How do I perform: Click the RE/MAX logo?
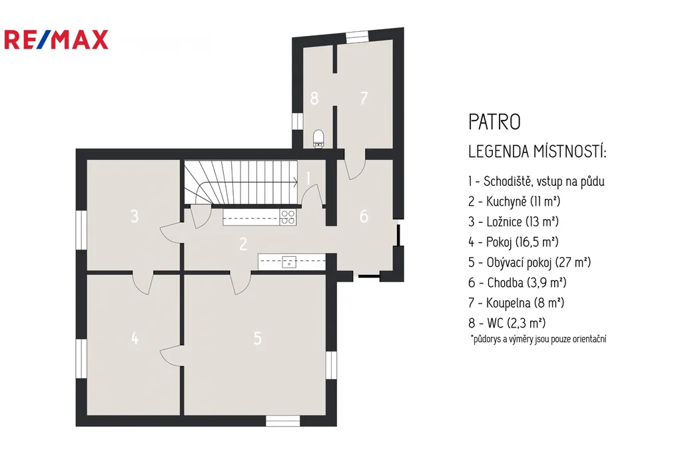(56, 40)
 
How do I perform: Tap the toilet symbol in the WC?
(319, 138)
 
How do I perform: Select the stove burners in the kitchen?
(288, 217)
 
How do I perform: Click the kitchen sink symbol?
(289, 262)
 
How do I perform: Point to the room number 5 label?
(258, 338)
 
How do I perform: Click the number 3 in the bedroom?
(135, 216)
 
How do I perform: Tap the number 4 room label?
(135, 338)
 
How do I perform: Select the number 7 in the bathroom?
(364, 98)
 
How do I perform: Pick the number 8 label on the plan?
(314, 98)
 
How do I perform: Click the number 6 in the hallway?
(364, 216)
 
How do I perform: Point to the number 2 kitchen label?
(243, 244)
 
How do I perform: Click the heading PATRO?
(495, 122)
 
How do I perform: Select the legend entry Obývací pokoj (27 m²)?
(529, 262)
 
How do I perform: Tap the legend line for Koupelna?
(516, 303)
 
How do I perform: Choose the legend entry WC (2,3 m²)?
(507, 323)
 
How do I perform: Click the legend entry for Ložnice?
(513, 222)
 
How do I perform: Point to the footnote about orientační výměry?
(538, 340)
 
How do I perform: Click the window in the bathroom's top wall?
(357, 37)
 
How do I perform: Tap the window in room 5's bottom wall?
(282, 421)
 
